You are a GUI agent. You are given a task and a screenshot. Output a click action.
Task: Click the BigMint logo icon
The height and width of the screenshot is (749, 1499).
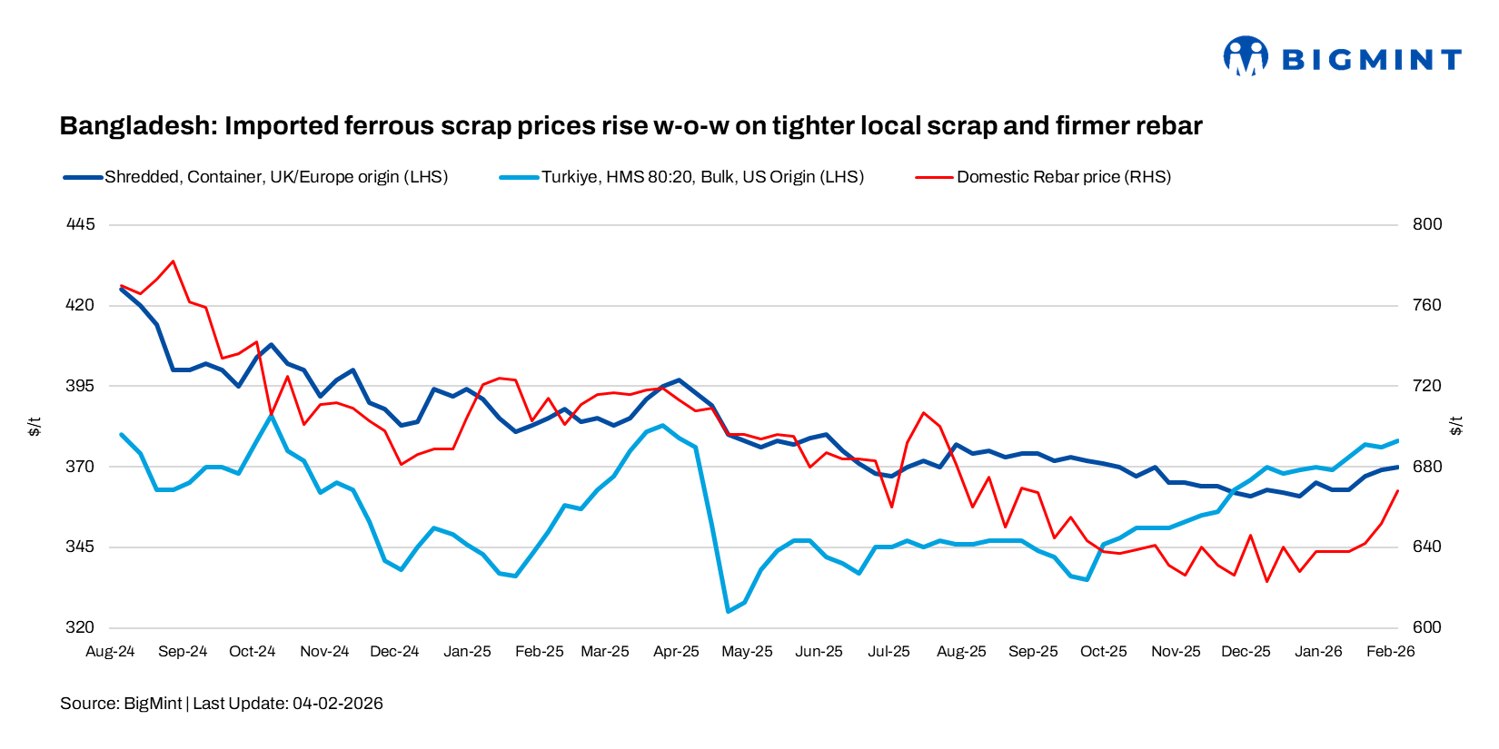point(1245,56)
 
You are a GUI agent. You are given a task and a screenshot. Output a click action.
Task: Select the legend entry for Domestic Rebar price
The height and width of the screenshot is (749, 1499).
point(1063,177)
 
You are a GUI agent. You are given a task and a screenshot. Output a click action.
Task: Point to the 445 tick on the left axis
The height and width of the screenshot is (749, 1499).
point(80,224)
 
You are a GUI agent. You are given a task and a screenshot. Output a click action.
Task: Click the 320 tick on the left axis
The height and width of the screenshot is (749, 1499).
point(80,627)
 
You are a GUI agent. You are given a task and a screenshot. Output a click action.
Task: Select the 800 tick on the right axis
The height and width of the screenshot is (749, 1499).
point(1427,224)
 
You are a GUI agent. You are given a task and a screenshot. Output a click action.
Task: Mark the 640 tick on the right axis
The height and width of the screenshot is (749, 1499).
point(1427,547)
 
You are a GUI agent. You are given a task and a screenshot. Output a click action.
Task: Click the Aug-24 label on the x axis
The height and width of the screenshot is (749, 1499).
point(110,652)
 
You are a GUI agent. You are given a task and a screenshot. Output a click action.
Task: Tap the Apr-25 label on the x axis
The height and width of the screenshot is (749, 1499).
point(676,652)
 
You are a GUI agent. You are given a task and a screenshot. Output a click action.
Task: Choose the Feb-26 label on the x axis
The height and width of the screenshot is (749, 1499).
point(1391,652)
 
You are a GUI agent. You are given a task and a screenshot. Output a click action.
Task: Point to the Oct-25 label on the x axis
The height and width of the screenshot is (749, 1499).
point(1103,652)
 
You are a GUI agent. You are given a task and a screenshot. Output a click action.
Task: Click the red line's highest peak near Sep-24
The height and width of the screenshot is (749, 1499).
point(173,261)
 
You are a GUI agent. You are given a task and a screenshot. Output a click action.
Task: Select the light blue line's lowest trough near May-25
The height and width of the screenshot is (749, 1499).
point(728,611)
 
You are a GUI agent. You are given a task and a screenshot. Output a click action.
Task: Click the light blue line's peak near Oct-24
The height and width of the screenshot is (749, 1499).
point(271,416)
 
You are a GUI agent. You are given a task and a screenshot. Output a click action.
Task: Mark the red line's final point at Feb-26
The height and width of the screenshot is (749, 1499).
point(1398,491)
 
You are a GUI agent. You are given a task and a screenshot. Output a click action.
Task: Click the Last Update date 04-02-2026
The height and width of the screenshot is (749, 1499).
point(337,704)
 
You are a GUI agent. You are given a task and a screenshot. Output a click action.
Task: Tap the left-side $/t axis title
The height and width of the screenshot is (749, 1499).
point(35,426)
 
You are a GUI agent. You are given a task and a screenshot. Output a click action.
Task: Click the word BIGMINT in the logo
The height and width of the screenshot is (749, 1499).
point(1371,60)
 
